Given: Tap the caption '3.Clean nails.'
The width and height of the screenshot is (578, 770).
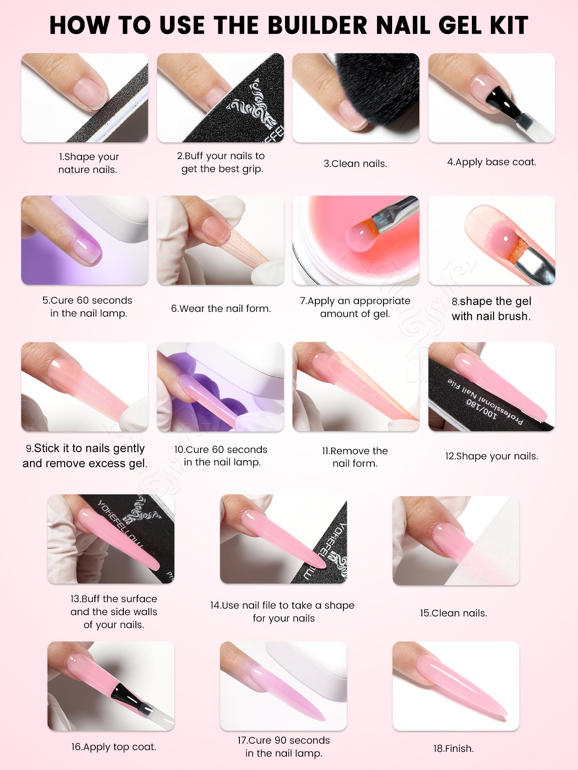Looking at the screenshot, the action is (x=355, y=163).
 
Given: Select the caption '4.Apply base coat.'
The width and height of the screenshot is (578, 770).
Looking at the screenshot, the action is (x=492, y=162).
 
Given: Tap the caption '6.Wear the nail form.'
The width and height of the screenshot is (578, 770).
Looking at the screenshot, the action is (x=221, y=308).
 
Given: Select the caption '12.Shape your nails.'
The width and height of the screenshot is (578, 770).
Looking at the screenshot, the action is (x=492, y=456).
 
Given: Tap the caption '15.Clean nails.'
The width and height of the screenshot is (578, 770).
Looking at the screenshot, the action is (x=454, y=613).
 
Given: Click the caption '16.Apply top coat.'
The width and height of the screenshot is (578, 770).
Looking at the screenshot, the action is (x=114, y=747).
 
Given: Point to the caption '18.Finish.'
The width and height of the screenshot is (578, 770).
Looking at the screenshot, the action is (x=454, y=748).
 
